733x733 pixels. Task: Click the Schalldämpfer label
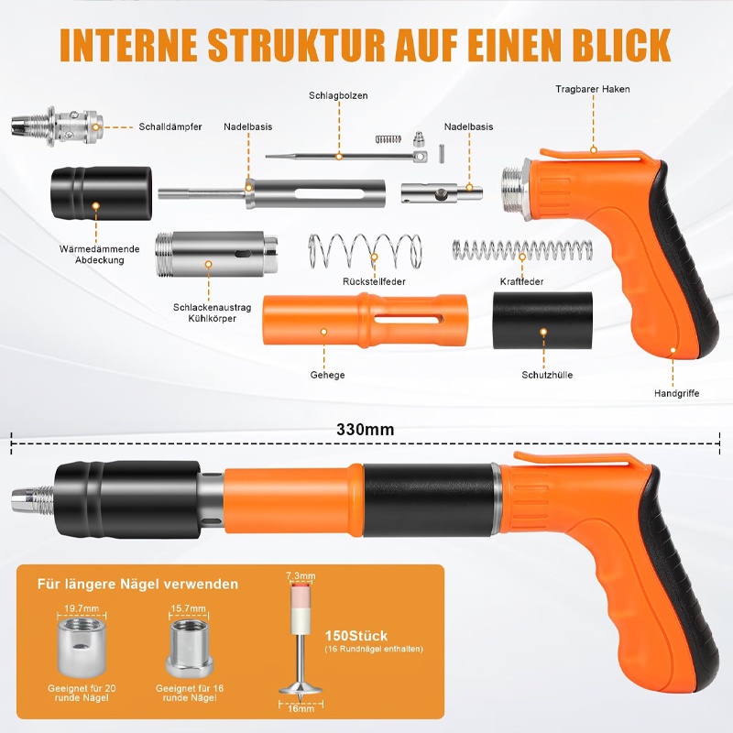170,126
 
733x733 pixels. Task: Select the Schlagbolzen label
338,95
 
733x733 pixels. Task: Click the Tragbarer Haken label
592,89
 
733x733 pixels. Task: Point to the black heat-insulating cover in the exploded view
101,193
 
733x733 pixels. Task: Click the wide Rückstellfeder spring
365,253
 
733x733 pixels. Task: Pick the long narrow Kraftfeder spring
521,249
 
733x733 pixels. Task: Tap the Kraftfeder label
521,281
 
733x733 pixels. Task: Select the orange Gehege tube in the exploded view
365,320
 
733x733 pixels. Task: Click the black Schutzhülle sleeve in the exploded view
542,321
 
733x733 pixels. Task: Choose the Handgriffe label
676,393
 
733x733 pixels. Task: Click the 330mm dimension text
365,429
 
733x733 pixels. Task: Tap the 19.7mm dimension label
82,608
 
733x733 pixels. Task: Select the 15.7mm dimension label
189,608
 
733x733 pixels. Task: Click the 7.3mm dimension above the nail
301,576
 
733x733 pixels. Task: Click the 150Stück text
356,636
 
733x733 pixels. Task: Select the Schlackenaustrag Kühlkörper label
213,312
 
